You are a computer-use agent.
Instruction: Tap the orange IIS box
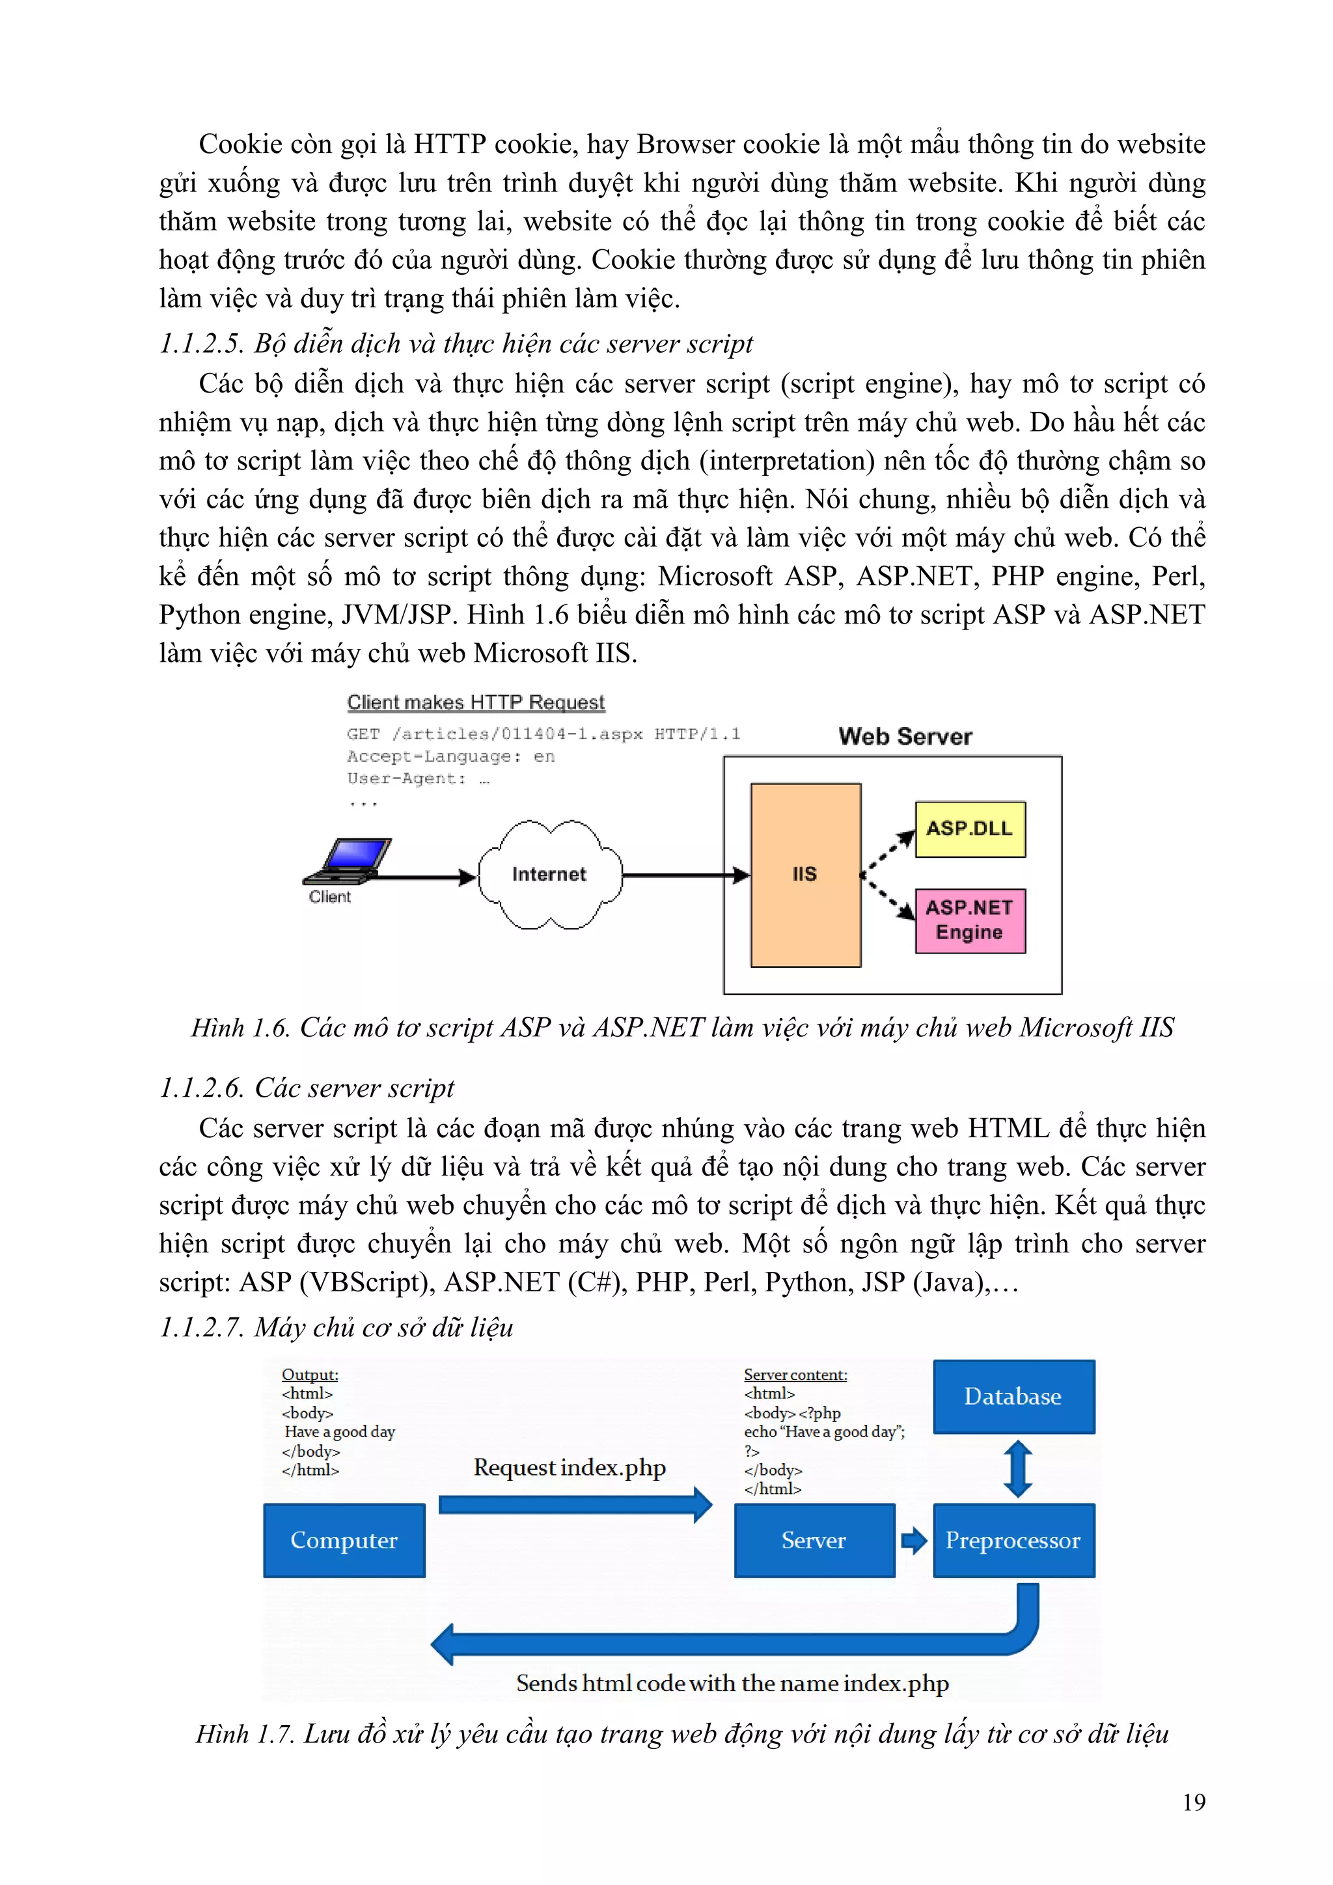[805, 874]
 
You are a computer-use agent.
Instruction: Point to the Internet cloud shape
[549, 874]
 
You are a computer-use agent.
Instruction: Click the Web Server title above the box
[905, 736]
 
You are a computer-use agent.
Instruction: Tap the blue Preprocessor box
[1013, 1540]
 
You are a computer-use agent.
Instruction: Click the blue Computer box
[344, 1540]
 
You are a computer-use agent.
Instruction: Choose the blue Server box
[814, 1540]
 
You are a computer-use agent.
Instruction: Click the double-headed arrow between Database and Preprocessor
[1018, 1469]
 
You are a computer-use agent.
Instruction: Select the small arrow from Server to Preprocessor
[914, 1540]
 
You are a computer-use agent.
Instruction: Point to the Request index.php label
[570, 1468]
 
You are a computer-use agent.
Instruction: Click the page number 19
[1194, 1802]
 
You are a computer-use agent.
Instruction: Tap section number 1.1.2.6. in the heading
[201, 1088]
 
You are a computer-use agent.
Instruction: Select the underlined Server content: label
[795, 1374]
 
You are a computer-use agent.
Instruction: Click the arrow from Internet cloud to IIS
[685, 875]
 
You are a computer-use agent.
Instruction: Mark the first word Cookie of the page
[240, 144]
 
